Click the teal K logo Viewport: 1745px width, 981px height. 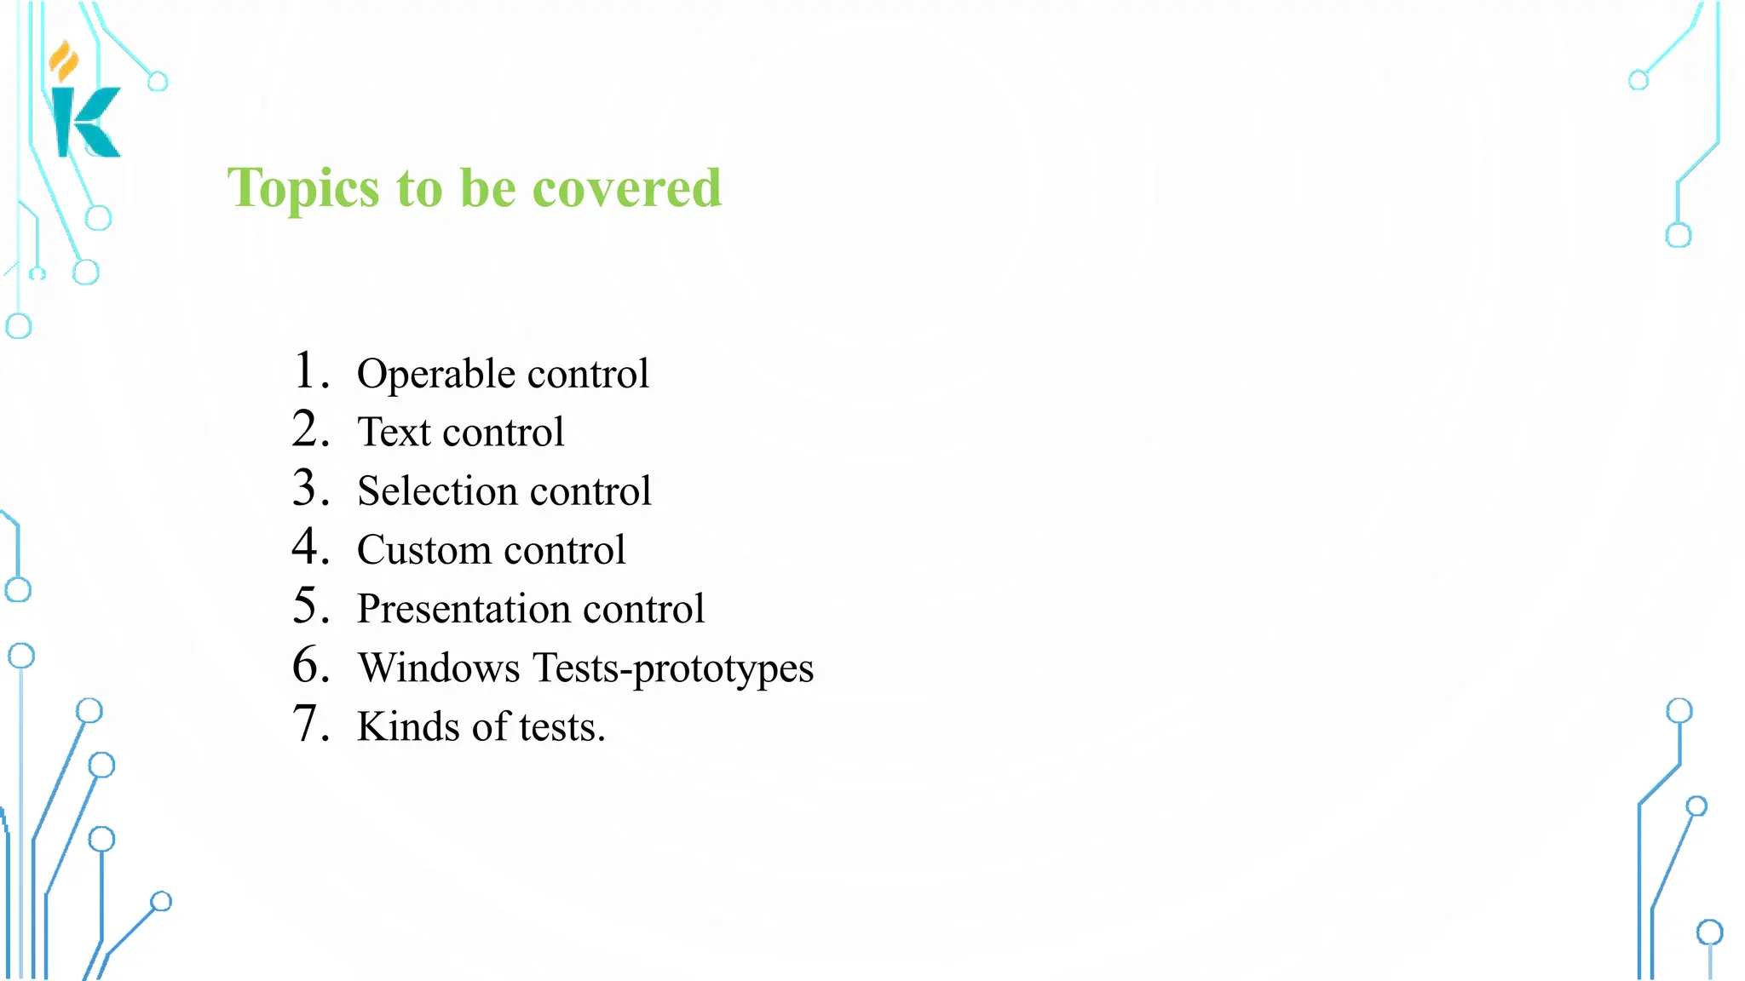coord(86,123)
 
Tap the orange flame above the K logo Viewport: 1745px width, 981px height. coord(63,61)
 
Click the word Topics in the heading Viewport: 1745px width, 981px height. coord(302,189)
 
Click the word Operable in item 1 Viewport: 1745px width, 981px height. coord(435,375)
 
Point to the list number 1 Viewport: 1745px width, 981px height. coord(307,371)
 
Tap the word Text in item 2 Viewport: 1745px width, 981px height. coord(394,432)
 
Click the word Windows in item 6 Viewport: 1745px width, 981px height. coord(439,668)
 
